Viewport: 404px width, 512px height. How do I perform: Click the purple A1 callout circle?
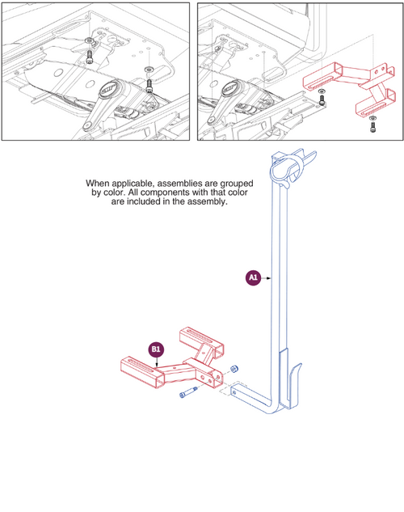[x=253, y=278]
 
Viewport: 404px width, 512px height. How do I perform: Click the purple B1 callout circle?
[x=156, y=349]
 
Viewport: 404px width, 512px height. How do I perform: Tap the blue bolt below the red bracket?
[x=188, y=392]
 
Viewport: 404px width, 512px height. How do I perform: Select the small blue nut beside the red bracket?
[x=234, y=369]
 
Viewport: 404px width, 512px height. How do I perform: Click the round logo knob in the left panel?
[x=108, y=89]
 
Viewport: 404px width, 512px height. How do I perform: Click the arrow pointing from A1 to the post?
[x=267, y=278]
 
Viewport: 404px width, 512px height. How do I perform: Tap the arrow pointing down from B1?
[x=157, y=362]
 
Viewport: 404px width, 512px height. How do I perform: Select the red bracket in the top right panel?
[x=350, y=89]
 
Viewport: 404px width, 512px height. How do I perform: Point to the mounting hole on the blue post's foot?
[x=234, y=392]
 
